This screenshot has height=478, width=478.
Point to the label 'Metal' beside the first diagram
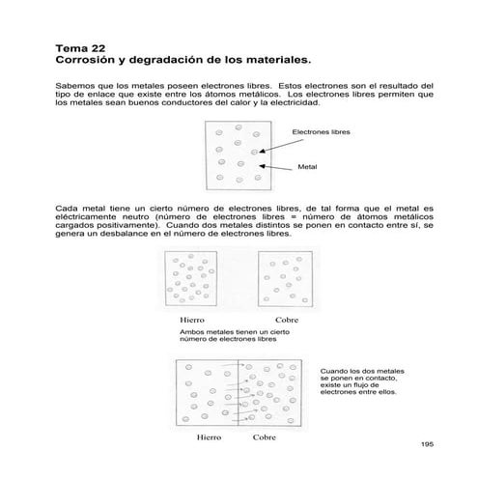(308, 166)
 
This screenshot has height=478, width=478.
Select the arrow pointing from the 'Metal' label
(280, 166)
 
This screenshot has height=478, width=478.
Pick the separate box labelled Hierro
(194, 280)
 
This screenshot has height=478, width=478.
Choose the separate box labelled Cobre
(287, 280)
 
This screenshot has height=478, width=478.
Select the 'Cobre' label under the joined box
(264, 436)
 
